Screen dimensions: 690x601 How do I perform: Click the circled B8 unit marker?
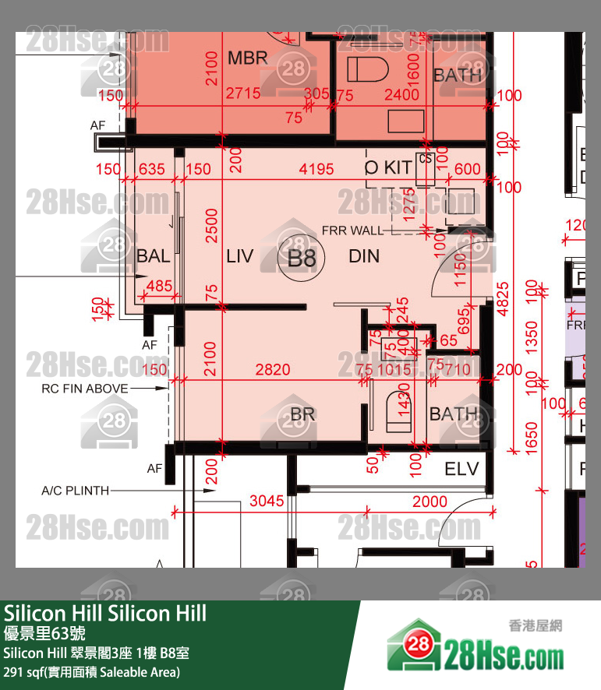302,257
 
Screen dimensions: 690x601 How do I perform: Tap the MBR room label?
247,58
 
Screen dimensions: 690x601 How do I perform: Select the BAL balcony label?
153,257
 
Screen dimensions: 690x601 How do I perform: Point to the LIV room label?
240,255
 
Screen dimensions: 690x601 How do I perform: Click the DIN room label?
364,255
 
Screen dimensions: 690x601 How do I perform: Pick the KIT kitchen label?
398,167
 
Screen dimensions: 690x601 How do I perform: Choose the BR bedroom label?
302,414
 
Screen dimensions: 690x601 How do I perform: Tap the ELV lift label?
461,469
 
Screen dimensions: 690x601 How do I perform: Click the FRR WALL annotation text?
352,231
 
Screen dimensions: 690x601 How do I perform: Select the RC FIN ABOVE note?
85,388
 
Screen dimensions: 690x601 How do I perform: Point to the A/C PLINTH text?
75,491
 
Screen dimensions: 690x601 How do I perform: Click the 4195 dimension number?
316,169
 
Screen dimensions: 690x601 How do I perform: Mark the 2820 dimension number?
272,370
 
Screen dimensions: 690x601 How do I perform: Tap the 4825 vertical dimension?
504,298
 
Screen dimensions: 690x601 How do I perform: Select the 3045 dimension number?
267,502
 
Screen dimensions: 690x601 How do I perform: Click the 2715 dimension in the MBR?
242,94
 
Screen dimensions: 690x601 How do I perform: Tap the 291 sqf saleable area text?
92,671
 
